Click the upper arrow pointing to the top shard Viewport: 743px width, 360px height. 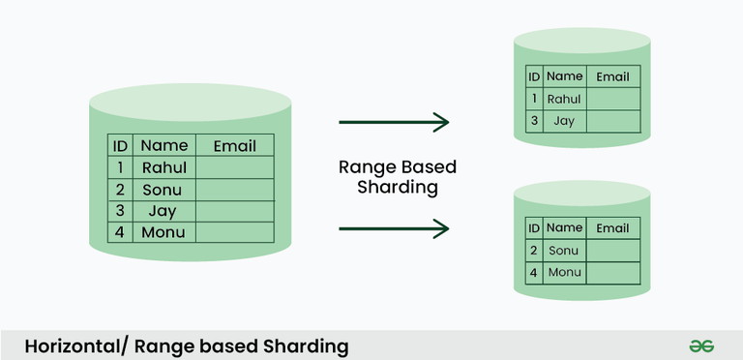pos(394,122)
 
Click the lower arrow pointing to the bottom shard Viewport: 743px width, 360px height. pos(394,228)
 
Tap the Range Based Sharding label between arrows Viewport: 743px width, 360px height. pos(397,176)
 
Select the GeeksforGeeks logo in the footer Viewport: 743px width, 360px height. pos(701,345)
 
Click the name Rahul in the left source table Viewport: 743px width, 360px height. pos(163,167)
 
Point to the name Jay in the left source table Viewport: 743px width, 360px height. pos(163,210)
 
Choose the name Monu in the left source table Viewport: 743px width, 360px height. pos(163,232)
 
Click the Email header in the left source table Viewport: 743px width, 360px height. pos(234,146)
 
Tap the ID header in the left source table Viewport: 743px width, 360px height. pos(120,146)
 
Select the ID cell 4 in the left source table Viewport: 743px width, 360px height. pos(120,232)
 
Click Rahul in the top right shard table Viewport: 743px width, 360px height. pos(564,99)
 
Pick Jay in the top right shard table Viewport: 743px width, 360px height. pos(564,121)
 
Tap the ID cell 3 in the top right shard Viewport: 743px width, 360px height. pos(533,121)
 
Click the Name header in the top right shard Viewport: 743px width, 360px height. pos(564,76)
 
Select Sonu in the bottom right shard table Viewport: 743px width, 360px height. pos(563,251)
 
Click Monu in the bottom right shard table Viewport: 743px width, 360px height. pos(564,273)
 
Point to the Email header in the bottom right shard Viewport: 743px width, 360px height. pos(612,228)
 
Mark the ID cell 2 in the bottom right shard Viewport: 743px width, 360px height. pos(533,251)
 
